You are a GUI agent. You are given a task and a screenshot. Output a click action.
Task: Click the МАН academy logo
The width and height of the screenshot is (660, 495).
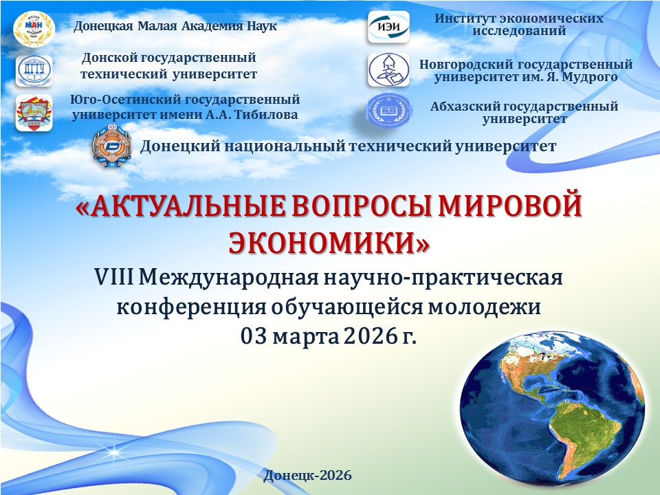pos(34,28)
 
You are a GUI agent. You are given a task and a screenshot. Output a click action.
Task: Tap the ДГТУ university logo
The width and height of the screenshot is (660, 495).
pos(34,71)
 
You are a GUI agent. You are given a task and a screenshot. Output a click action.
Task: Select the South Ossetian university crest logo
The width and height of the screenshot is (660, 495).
pos(34,112)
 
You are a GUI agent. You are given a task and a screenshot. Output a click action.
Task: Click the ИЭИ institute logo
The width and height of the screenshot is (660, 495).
pos(388,27)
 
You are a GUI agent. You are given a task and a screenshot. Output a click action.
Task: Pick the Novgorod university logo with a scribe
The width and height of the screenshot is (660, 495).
pos(388,69)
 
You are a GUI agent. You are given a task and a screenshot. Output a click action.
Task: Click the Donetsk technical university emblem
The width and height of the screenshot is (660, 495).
pos(111,146)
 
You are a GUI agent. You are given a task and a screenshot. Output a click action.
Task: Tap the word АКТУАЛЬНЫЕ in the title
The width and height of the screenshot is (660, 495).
pos(191,207)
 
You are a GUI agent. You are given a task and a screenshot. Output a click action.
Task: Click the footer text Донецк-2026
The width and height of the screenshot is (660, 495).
pos(308,475)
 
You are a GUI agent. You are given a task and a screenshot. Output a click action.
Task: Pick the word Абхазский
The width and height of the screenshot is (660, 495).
pos(465,107)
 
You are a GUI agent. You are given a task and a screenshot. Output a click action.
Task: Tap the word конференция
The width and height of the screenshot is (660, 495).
pos(192,308)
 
